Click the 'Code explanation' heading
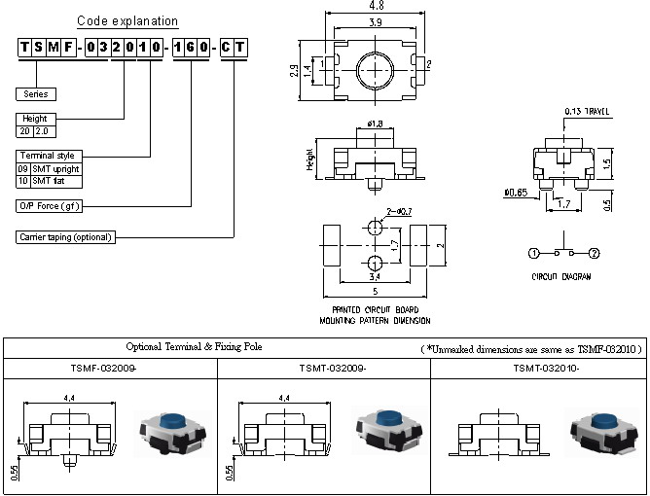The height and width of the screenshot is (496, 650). coord(126,20)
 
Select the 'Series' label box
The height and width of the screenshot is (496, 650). coord(36,94)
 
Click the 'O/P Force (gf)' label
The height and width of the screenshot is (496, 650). coord(50,206)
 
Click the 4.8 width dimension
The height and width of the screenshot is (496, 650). coord(377,5)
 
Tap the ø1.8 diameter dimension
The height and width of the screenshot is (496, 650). coord(376,124)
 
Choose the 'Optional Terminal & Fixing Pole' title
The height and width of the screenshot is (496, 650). coord(195,347)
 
